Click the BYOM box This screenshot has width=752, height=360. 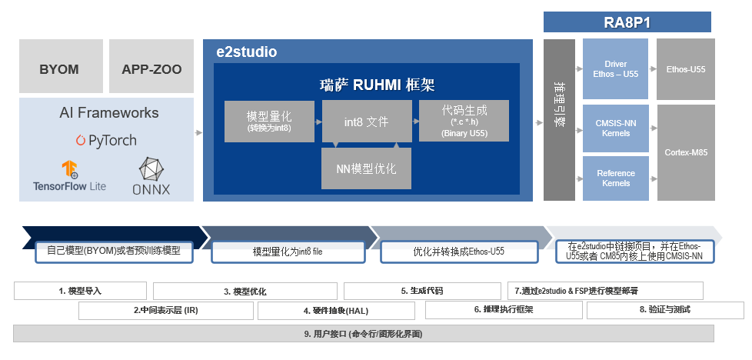60,68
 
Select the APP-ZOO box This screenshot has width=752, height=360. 151,68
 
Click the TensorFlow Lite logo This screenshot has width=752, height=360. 70,176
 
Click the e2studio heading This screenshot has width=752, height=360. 246,52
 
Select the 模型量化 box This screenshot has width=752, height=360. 269,121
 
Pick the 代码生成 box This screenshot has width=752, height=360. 464,121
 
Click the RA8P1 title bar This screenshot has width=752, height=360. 627,22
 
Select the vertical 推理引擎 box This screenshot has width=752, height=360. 559,119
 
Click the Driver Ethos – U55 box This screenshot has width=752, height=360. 615,69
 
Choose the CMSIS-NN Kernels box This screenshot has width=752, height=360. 615,128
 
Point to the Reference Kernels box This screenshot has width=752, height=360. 615,178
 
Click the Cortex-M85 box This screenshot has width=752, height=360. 685,152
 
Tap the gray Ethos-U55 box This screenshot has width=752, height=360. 685,69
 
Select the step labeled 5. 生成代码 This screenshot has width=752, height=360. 421,291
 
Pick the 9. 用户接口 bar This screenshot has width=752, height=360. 363,334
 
